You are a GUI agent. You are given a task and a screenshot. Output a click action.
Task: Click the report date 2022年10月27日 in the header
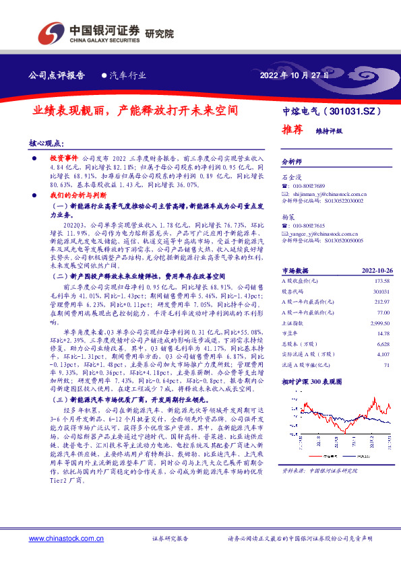click(295, 75)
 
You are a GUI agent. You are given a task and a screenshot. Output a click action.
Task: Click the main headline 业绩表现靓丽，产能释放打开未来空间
click(137, 109)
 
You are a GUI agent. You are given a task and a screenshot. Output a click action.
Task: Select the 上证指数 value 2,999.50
click(379, 323)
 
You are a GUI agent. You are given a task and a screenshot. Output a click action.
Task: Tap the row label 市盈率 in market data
click(289, 333)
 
